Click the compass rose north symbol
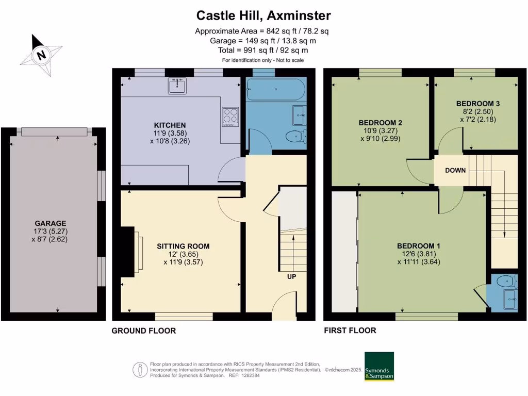[41, 54]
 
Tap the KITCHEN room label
[170, 125]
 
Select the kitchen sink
[177, 86]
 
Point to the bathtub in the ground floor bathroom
[276, 89]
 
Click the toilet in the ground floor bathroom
[295, 137]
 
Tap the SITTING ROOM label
[183, 246]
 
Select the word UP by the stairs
[292, 277]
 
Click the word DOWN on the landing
[456, 170]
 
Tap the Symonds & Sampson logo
[379, 367]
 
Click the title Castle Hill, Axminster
[263, 15]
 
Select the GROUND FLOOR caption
[143, 331]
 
